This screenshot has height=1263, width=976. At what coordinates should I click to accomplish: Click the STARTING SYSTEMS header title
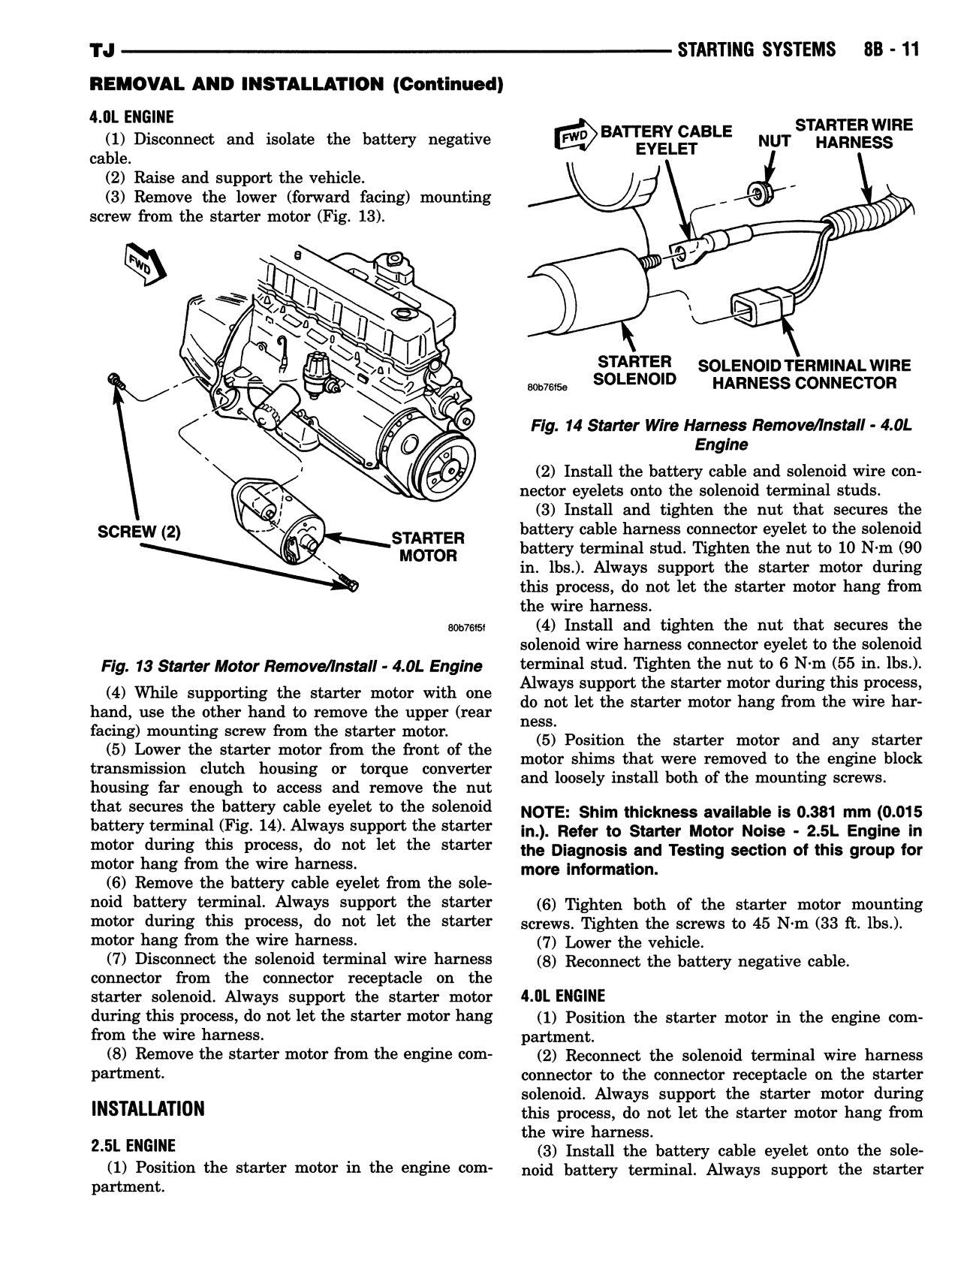tap(755, 50)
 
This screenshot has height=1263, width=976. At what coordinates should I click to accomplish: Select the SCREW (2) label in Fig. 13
tap(139, 532)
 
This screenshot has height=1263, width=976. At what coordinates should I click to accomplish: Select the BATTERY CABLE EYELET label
tap(667, 140)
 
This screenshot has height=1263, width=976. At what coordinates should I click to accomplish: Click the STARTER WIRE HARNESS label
tap(854, 134)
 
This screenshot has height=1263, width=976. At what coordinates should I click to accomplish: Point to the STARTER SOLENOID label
tap(634, 370)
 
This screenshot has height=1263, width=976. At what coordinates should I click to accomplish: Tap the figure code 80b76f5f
tap(465, 628)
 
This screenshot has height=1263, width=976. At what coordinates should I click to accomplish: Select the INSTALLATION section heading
tap(147, 1108)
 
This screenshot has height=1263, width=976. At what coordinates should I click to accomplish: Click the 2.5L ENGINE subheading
tap(132, 1145)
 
